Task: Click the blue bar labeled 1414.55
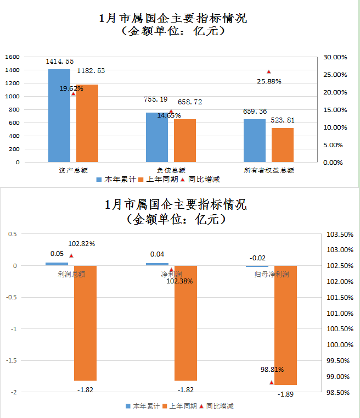point(59,115)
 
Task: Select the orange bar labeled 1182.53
point(87,123)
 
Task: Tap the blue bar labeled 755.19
point(157,137)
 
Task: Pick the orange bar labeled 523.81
point(283,145)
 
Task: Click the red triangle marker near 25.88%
point(269,72)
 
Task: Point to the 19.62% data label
point(71,88)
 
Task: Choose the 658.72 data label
point(190,102)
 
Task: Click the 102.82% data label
point(81,244)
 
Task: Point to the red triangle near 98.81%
point(271,382)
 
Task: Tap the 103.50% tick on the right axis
point(339,235)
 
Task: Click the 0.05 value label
point(57,254)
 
